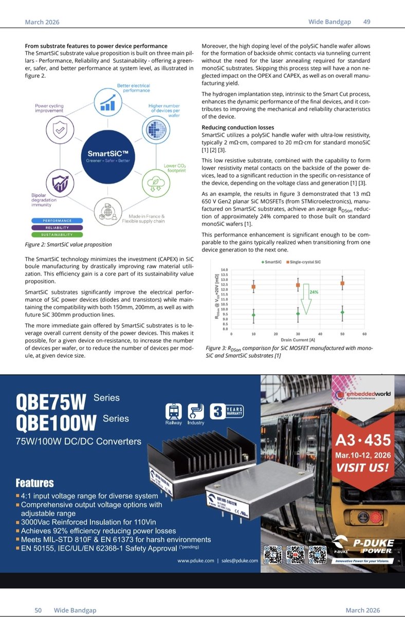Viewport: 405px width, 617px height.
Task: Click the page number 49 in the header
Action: (367, 22)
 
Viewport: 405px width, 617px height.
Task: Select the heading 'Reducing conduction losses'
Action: (237, 127)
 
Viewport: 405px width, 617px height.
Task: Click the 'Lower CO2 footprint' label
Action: (175, 168)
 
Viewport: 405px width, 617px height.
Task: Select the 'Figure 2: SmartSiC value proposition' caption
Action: (68, 244)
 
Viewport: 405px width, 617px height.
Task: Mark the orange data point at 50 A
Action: (343, 283)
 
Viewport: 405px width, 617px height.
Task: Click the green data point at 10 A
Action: (253, 315)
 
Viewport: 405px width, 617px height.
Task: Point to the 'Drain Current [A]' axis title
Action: (298, 340)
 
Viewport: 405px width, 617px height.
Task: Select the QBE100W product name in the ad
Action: (57, 423)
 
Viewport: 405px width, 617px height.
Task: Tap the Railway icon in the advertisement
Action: (173, 412)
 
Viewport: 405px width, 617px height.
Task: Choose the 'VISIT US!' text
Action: (362, 468)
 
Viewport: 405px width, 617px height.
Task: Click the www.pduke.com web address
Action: (195, 561)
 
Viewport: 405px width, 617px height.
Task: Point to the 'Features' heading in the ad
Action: (35, 483)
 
